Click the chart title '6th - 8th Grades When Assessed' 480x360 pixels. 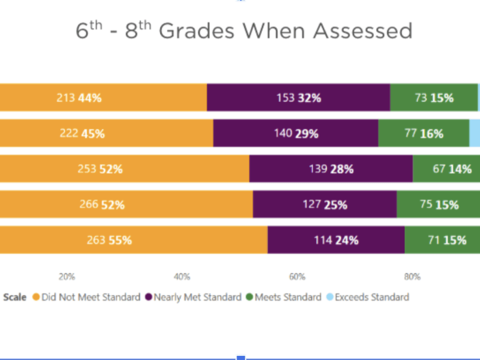244,31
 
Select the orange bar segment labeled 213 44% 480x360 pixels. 103,97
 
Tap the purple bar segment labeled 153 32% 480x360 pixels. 298,97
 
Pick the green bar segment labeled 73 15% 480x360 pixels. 434,97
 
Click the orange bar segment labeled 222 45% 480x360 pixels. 106,133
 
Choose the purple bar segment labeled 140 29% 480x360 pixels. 295,133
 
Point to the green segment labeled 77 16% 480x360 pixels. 423,133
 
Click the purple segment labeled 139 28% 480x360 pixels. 330,168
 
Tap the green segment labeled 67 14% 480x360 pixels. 446,168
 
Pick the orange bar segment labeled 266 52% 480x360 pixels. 126,204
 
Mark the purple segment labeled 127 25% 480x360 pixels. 324,204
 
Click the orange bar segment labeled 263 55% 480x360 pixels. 133,240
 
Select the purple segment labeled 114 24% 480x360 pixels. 335,240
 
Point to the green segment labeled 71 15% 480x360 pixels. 442,240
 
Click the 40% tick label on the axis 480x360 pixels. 181,277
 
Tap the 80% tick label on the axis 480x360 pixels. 412,277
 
